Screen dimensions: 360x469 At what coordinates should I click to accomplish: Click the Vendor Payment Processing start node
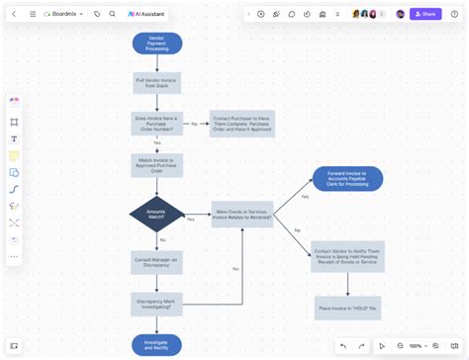click(x=156, y=44)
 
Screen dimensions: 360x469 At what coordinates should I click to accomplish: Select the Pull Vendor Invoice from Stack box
click(x=156, y=84)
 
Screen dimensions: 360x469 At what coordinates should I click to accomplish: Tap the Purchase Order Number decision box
click(x=156, y=124)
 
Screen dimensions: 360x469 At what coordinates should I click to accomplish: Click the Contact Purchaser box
click(x=241, y=124)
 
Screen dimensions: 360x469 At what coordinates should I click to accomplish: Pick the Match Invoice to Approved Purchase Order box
click(x=156, y=165)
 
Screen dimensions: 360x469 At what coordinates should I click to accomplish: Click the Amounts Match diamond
click(x=156, y=214)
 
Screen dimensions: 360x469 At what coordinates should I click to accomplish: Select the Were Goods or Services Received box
click(x=241, y=215)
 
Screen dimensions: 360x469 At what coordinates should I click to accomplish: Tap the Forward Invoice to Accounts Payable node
click(x=347, y=179)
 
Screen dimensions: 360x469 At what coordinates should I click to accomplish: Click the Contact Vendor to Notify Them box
click(x=347, y=256)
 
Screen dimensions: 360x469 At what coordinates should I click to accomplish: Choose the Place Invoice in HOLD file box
click(x=347, y=308)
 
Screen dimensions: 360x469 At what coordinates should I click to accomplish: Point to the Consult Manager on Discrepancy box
click(x=156, y=262)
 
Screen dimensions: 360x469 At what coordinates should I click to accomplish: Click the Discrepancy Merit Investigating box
click(x=156, y=303)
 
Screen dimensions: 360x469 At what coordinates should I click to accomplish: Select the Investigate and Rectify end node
click(x=156, y=344)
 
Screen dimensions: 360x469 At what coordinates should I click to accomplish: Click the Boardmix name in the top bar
click(x=65, y=14)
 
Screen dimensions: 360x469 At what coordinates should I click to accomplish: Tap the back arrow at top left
click(x=14, y=14)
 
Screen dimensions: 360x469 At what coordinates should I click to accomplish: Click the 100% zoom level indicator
click(x=416, y=346)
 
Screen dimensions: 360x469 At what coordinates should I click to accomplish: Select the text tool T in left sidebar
click(x=15, y=138)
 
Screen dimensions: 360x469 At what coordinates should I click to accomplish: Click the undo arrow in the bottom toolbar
click(x=343, y=346)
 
